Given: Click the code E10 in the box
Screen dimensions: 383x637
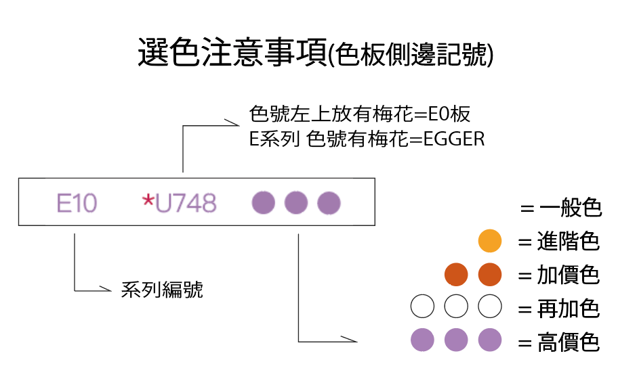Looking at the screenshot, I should (77, 203).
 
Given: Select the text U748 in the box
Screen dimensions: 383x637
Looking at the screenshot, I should (186, 203).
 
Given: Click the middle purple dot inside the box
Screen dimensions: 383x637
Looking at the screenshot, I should (295, 202).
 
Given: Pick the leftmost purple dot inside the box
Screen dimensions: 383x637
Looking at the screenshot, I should (263, 202).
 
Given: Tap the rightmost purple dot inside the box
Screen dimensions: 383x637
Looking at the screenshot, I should (329, 202).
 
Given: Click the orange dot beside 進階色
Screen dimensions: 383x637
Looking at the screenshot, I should (489, 241).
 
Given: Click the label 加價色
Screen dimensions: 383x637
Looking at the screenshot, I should (568, 275).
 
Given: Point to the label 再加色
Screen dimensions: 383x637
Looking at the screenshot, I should (568, 309).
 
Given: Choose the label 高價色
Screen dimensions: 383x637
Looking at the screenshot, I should (568, 342).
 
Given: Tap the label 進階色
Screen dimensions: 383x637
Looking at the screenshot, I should (568, 242).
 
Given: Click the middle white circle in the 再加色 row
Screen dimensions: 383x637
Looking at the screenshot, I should (456, 307).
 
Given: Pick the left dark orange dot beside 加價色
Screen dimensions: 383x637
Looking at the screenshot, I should (456, 275).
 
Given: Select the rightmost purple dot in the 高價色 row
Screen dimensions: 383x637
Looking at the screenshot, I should (489, 340).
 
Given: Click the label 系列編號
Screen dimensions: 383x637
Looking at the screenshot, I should (162, 290).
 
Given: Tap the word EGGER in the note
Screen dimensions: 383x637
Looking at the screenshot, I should (454, 139).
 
